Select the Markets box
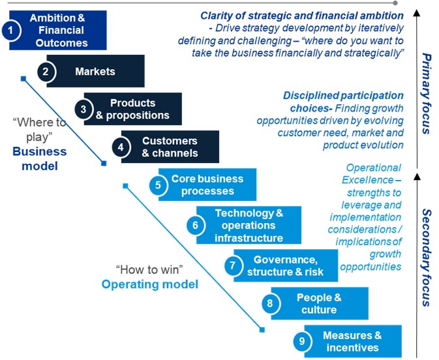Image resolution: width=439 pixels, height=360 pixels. click(x=95, y=71)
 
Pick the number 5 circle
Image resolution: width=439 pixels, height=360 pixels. click(x=158, y=185)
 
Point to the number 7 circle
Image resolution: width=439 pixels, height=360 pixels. click(x=232, y=265)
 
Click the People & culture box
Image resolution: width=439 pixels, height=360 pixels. click(x=318, y=303)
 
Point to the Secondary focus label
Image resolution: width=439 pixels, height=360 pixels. click(x=427, y=257)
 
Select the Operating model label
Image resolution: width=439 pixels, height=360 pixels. click(x=149, y=284)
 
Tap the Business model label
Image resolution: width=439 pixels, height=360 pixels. click(x=39, y=158)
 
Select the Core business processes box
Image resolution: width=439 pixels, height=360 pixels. click(x=207, y=185)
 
